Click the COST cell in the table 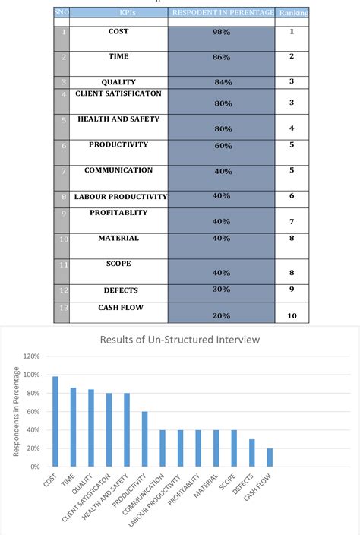[118, 31]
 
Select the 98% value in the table [222, 32]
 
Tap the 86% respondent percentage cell [222, 57]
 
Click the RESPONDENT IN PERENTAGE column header [221, 13]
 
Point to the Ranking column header [293, 13]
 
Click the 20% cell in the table [222, 315]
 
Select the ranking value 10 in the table [292, 315]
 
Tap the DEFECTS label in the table [121, 290]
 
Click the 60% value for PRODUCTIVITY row [222, 145]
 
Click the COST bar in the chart [55, 422]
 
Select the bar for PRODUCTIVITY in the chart [144, 439]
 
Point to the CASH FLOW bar [269, 458]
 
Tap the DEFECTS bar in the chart [251, 454]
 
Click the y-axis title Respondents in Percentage [16, 411]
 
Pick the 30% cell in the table [222, 290]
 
